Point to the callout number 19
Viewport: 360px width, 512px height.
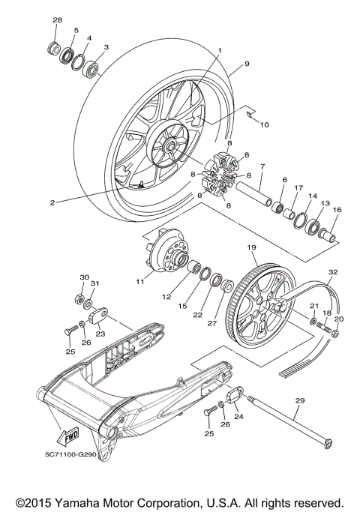250,246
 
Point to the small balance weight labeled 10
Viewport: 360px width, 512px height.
245,113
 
